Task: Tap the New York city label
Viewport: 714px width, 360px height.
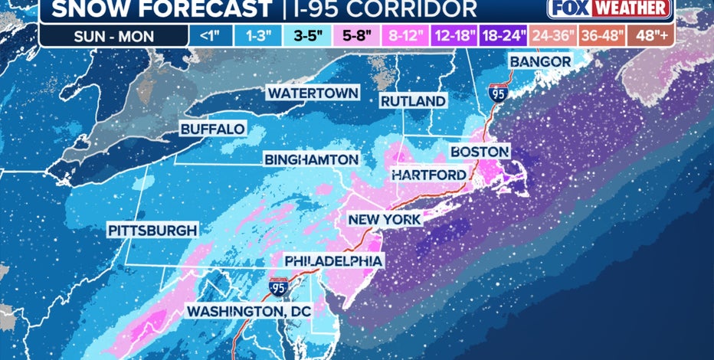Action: [384, 220]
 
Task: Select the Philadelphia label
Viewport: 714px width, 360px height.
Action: [332, 261]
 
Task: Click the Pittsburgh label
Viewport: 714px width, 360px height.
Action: [152, 230]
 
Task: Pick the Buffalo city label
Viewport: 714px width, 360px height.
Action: [212, 129]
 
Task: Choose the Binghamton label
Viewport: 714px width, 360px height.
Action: [311, 160]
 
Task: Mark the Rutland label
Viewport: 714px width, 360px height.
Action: [414, 101]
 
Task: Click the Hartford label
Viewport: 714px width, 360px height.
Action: [428, 175]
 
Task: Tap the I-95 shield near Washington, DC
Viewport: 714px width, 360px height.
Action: [277, 287]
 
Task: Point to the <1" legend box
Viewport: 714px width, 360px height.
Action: [207, 36]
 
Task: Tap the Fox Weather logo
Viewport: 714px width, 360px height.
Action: [610, 9]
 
